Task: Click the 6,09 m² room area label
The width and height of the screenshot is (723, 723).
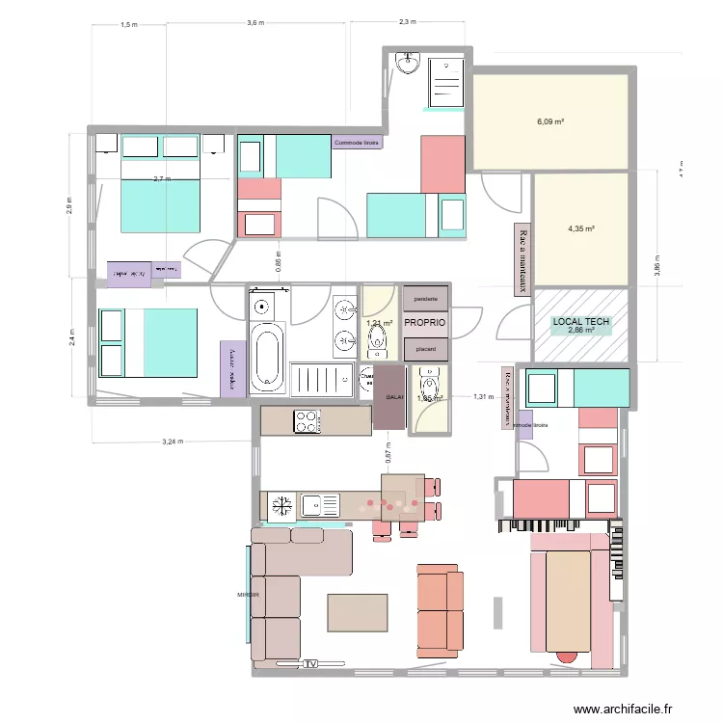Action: pyautogui.click(x=550, y=122)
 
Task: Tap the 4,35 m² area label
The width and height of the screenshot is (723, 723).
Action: pyautogui.click(x=581, y=229)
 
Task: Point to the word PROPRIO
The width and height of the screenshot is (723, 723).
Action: pyautogui.click(x=425, y=323)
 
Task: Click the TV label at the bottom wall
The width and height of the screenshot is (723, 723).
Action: pyautogui.click(x=310, y=664)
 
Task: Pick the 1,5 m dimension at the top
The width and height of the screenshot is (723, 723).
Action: pyautogui.click(x=128, y=26)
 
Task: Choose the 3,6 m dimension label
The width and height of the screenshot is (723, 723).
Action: pyautogui.click(x=255, y=22)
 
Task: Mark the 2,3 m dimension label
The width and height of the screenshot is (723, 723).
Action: pyautogui.click(x=407, y=22)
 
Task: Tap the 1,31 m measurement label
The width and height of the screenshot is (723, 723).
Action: pyautogui.click(x=483, y=396)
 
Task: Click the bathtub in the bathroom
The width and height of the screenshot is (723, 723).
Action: pyautogui.click(x=267, y=358)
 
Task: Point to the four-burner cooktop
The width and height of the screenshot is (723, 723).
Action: pyautogui.click(x=307, y=421)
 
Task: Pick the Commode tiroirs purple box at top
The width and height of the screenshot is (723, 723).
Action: pyautogui.click(x=357, y=143)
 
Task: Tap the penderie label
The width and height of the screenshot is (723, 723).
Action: pyautogui.click(x=425, y=300)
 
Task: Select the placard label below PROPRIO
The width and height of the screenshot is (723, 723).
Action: pyautogui.click(x=425, y=348)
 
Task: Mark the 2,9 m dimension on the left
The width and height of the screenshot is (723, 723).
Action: pyautogui.click(x=69, y=207)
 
